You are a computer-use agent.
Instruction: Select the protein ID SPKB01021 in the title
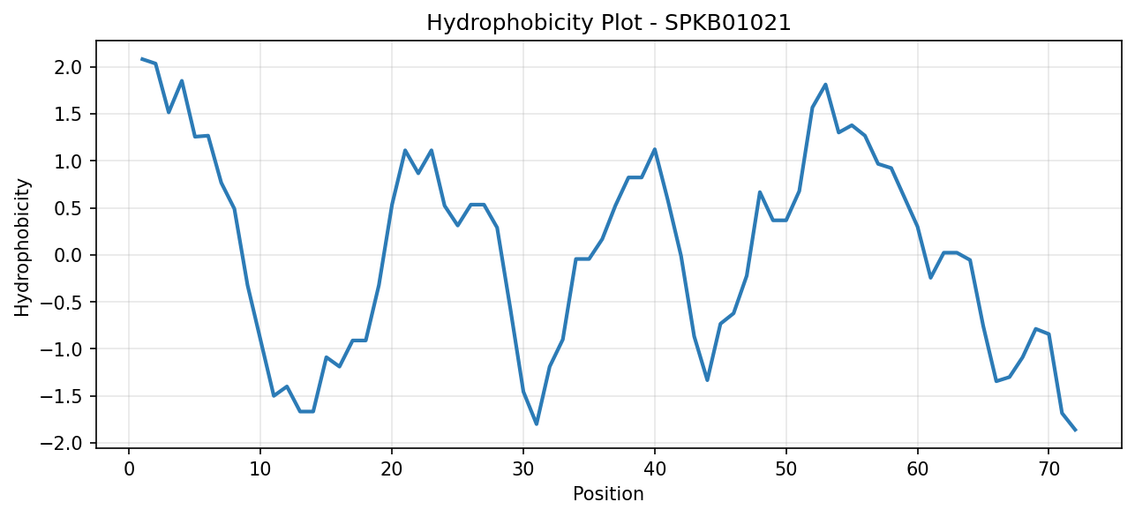[727, 23]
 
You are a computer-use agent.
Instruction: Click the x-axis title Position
[608, 494]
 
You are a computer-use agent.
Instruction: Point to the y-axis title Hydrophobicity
[23, 248]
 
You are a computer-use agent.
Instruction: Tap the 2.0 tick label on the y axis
[68, 67]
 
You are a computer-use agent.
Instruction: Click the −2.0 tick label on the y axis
[62, 444]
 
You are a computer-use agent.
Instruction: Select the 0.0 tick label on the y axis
[68, 255]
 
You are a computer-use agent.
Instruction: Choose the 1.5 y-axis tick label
[68, 115]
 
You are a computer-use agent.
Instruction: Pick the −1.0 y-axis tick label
[62, 349]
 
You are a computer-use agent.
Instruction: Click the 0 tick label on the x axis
[129, 469]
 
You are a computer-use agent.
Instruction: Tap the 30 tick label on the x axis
[522, 469]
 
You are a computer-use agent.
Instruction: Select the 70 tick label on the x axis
[1049, 469]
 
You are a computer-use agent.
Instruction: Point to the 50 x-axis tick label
[785, 469]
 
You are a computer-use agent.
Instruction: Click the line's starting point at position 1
[142, 59]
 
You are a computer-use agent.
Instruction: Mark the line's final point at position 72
[1075, 431]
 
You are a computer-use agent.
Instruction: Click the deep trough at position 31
[536, 424]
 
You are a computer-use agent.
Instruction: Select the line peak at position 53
[825, 85]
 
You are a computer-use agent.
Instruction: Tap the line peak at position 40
[655, 149]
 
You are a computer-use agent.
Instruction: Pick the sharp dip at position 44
[707, 380]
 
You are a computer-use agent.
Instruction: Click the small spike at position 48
[760, 192]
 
